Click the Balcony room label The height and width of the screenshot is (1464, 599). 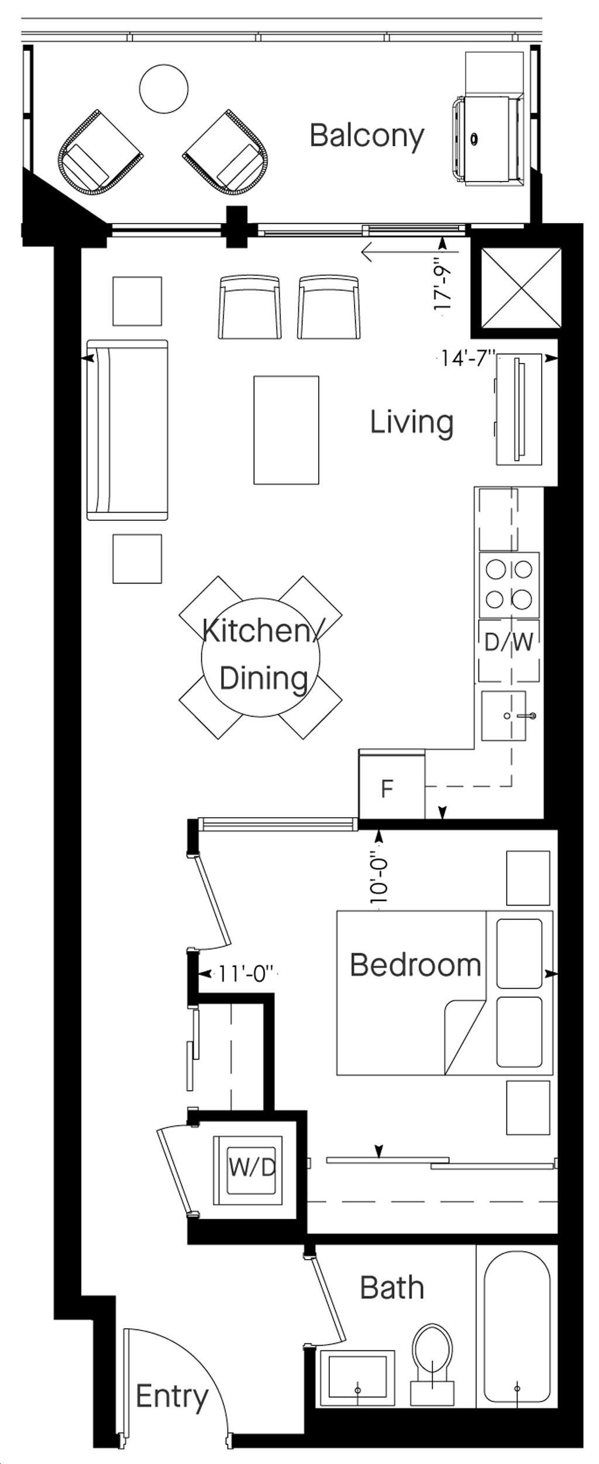coord(367,136)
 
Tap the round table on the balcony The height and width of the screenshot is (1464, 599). coord(164,89)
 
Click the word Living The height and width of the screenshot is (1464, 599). coord(412,423)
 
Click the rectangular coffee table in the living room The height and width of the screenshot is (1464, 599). coord(286,430)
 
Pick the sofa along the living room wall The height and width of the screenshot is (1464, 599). coord(128,430)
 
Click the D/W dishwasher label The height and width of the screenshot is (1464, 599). coord(509,643)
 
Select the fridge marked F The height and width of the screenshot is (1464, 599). coord(391,784)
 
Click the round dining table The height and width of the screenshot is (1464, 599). coord(261,657)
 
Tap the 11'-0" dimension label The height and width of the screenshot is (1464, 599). coord(246,974)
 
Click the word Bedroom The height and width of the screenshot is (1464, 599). coord(415,965)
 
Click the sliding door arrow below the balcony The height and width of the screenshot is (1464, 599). coord(410,253)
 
